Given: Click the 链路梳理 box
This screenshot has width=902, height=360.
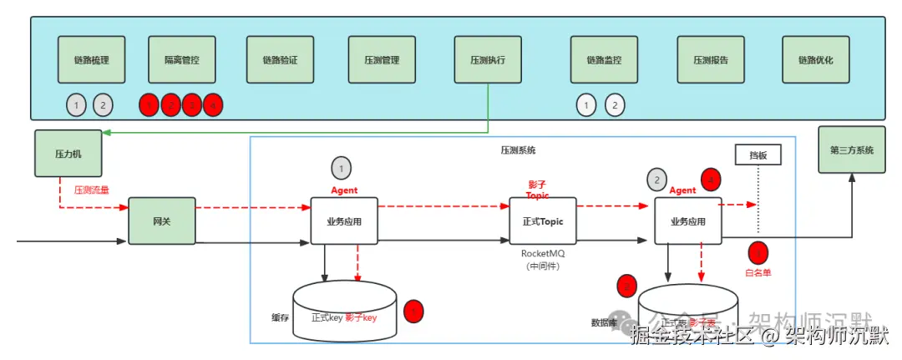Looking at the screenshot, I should click(92, 60).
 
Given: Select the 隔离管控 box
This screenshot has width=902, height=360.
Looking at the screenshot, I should click(181, 60).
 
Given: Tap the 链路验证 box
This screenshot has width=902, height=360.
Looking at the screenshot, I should click(280, 60).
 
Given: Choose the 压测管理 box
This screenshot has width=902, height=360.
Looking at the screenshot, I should click(382, 60).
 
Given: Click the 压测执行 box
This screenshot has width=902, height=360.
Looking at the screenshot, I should click(488, 60).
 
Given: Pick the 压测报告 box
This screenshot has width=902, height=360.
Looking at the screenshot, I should click(711, 60).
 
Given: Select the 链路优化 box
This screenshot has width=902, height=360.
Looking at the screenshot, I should click(816, 60).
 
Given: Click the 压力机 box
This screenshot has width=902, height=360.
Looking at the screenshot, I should click(67, 154).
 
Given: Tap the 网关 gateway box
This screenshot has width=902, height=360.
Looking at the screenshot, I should click(161, 221).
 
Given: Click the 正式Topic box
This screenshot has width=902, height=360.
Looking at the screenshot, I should click(543, 221).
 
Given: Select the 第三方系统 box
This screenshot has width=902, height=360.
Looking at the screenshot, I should click(851, 150).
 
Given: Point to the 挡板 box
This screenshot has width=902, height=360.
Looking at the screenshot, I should click(758, 155).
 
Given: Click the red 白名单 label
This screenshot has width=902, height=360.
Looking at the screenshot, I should click(758, 272).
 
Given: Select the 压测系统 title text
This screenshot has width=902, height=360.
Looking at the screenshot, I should click(518, 150).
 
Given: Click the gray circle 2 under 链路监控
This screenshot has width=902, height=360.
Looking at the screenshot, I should click(614, 105).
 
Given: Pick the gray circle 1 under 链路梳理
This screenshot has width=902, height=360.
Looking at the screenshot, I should click(76, 105).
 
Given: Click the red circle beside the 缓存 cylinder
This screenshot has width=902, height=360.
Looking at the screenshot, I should click(413, 312).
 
